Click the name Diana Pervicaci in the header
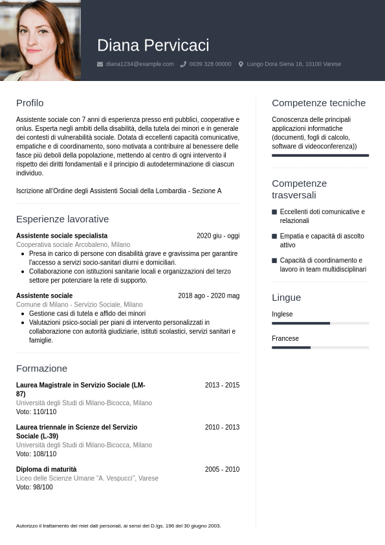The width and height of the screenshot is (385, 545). [x=153, y=45]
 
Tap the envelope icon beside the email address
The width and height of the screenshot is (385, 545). [x=100, y=64]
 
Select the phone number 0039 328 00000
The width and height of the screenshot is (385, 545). [x=210, y=64]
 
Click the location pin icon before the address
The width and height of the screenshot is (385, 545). [x=241, y=64]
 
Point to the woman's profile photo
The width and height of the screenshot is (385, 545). [x=40, y=40]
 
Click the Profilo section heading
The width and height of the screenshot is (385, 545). [x=30, y=103]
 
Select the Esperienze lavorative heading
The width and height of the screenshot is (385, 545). [x=62, y=219]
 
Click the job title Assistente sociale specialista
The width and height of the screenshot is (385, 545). [x=61, y=236]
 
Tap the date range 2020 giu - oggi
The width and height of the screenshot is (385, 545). [x=217, y=236]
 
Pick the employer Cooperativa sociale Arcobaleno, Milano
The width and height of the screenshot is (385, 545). [x=72, y=245]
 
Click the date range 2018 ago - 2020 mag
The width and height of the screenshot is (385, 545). [x=208, y=296]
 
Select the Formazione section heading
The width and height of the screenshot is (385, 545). [x=41, y=368]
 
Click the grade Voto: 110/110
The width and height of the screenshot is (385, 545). [x=36, y=412]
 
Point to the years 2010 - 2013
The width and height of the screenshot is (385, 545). [x=222, y=427]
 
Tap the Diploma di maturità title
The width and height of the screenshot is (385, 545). [x=46, y=469]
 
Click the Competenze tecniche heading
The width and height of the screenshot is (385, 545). [x=318, y=103]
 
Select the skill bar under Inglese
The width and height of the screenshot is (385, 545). [x=320, y=323]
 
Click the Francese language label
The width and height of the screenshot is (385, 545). [x=285, y=338]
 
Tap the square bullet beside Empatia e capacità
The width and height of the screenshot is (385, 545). [x=274, y=237]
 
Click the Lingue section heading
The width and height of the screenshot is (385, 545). [x=286, y=297]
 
